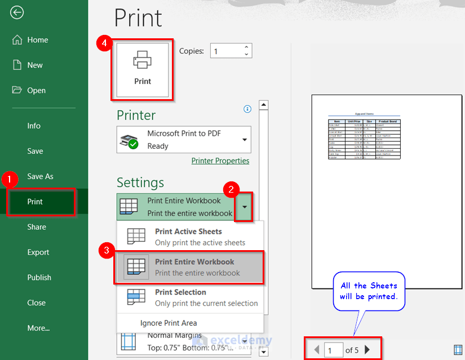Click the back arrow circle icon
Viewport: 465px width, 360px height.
pyautogui.click(x=17, y=12)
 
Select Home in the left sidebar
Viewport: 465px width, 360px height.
pyautogui.click(x=37, y=40)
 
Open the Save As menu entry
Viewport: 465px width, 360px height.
pyautogui.click(x=40, y=176)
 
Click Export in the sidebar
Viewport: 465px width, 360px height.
pyautogui.click(x=38, y=252)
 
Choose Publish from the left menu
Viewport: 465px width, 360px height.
pyautogui.click(x=39, y=278)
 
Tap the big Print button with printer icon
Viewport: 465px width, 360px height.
pyautogui.click(x=143, y=69)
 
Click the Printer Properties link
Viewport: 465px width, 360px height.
pyautogui.click(x=220, y=161)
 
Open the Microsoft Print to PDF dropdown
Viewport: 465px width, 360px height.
pyautogui.click(x=184, y=140)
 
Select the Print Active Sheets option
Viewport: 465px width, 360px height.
pyautogui.click(x=189, y=237)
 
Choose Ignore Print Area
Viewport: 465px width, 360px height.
pyautogui.click(x=169, y=323)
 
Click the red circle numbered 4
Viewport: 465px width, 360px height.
pyautogui.click(x=103, y=44)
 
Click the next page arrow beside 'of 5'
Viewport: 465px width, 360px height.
pyautogui.click(x=367, y=350)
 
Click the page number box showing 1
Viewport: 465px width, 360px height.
pyautogui.click(x=334, y=350)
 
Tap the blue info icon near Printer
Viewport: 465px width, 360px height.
pyautogui.click(x=247, y=109)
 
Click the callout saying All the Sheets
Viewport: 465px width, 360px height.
pyautogui.click(x=369, y=291)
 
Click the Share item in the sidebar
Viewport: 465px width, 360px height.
pyautogui.click(x=37, y=227)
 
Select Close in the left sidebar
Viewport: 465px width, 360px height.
pyautogui.click(x=36, y=303)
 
